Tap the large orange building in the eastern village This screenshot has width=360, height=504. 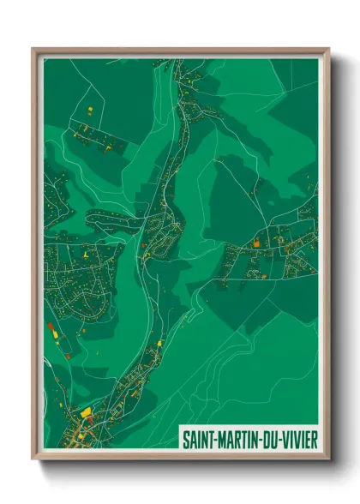(255, 243)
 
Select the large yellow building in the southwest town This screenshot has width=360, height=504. (86, 412)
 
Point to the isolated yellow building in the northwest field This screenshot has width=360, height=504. (90, 109)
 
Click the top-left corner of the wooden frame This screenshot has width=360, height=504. (33, 49)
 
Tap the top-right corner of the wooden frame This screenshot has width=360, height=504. (329, 49)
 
